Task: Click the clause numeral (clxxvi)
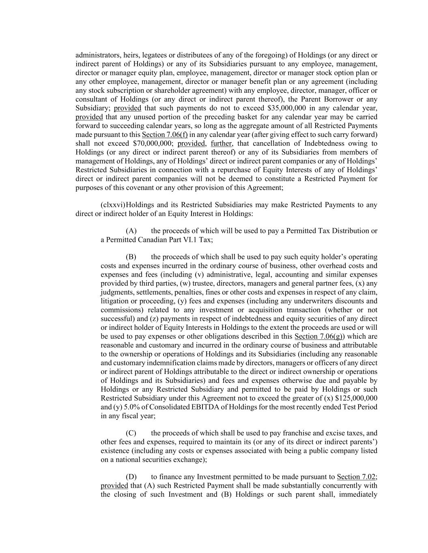click(113, 205)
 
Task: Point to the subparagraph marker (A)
click(131, 231)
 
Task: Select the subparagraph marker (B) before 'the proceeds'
click(131, 257)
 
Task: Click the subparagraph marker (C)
click(131, 433)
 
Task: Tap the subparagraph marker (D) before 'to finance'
click(131, 477)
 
